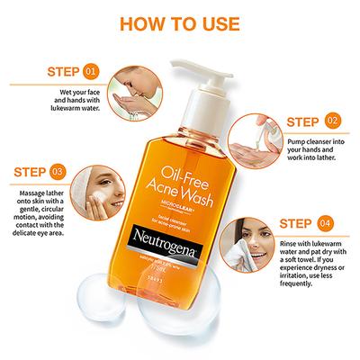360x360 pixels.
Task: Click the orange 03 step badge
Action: click(x=57, y=170)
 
